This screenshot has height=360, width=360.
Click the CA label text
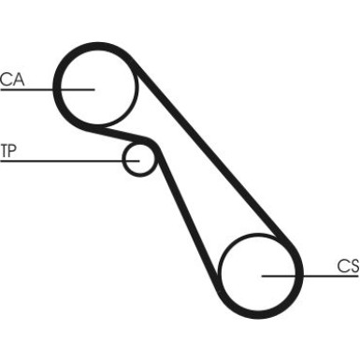click(11, 79)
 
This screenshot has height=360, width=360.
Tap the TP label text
click(8, 151)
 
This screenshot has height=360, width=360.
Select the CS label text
click(348, 266)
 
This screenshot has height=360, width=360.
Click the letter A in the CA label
click(18, 79)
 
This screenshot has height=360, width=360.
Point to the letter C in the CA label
click(6, 79)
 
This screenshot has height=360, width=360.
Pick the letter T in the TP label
click(4, 151)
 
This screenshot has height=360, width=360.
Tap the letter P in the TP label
click(12, 151)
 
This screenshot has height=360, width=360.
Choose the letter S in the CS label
click(353, 266)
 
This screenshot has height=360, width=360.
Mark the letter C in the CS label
click(342, 266)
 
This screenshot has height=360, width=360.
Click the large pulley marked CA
click(96, 84)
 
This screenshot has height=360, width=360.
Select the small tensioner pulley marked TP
click(138, 158)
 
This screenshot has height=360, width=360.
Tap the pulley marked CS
click(261, 273)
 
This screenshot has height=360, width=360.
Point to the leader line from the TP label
click(65, 161)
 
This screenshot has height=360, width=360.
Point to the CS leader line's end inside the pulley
click(263, 277)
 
